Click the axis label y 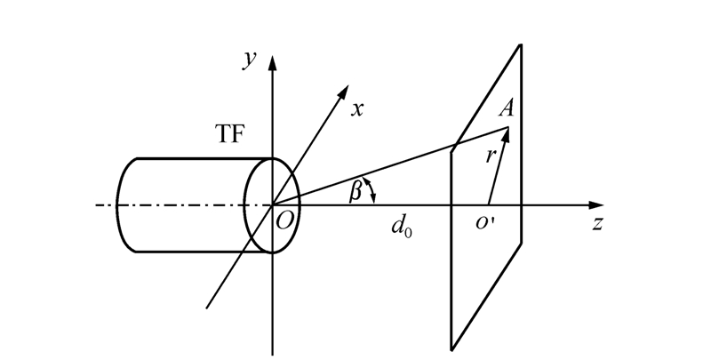(x=249, y=60)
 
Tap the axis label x (x=357, y=109)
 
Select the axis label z (x=598, y=223)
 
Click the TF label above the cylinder (x=230, y=134)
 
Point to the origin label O (x=284, y=221)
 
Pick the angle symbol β (x=355, y=191)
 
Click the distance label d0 (x=402, y=226)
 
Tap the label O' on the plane (x=485, y=223)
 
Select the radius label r (x=491, y=156)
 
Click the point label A (x=507, y=108)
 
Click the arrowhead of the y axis (x=273, y=63)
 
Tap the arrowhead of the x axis (x=344, y=92)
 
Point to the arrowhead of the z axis (x=595, y=205)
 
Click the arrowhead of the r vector (x=506, y=134)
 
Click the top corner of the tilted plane (x=521, y=44)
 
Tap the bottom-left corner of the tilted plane (x=451, y=349)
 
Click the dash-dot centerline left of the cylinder (x=106, y=205)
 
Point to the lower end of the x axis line (x=207, y=308)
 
